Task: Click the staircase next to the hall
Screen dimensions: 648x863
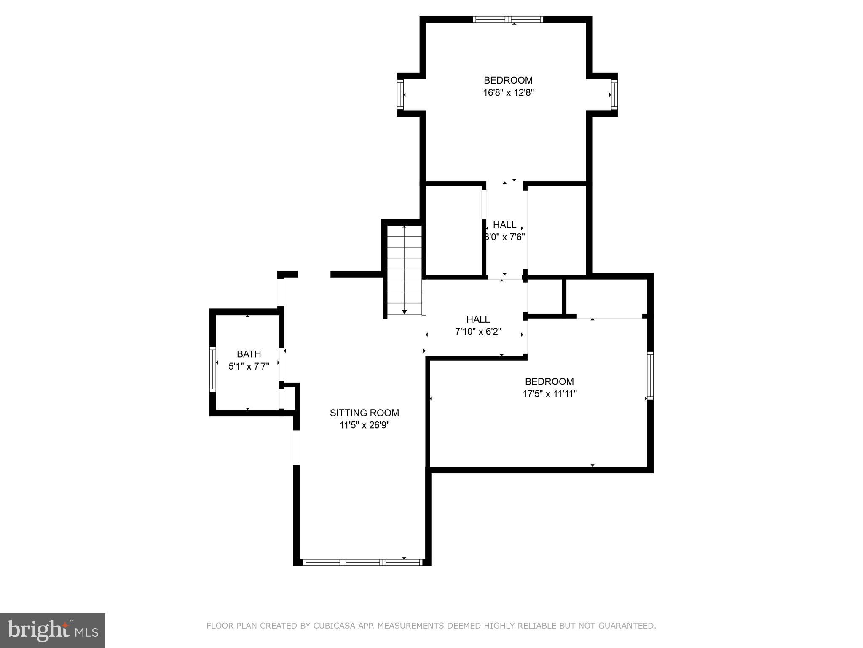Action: [x=404, y=270]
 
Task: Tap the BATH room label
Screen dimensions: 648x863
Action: [x=249, y=354]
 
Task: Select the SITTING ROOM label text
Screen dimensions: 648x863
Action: [x=364, y=413]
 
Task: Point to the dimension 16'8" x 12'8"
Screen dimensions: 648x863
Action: [x=508, y=93]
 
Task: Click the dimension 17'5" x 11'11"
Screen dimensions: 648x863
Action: [x=549, y=394]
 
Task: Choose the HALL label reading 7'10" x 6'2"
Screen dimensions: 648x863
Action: [x=478, y=319]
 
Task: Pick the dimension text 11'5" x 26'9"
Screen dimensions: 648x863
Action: [x=364, y=425]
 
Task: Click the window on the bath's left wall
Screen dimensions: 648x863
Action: [x=213, y=369]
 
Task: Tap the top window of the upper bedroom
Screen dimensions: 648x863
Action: [x=508, y=19]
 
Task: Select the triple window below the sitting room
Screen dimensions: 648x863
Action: [x=362, y=562]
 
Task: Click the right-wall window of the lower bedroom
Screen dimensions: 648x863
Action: [x=650, y=375]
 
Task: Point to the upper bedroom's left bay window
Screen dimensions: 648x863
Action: [x=400, y=94]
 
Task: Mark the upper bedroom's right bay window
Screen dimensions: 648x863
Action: [x=614, y=95]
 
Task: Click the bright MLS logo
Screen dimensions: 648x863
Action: [x=53, y=630]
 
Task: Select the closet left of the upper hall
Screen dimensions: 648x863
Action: [x=454, y=230]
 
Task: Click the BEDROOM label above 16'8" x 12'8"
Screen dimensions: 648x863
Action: [x=508, y=80]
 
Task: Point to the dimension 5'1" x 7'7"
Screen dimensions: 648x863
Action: [x=249, y=366]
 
